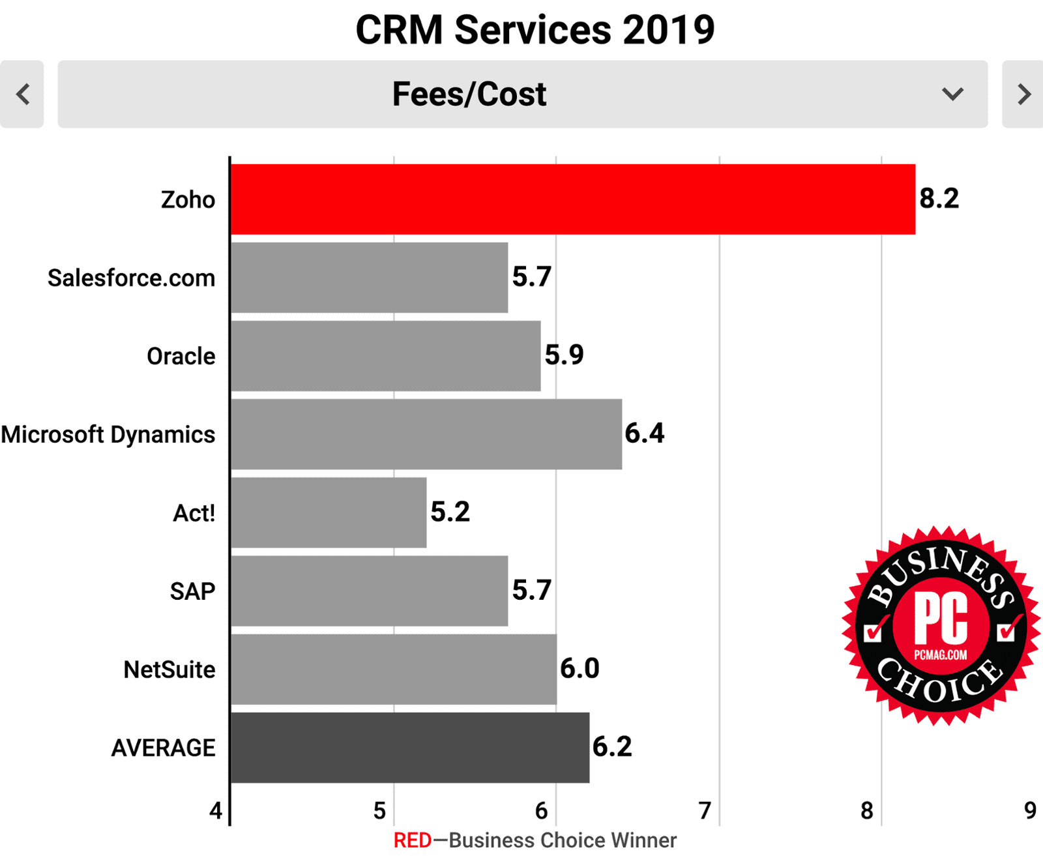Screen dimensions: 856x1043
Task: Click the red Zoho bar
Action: coord(572,199)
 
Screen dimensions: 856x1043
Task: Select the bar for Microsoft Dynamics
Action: coord(426,434)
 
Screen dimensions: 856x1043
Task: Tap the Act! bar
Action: coord(329,512)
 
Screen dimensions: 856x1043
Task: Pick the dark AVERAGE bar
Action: coord(410,747)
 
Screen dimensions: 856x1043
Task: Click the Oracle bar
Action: coord(385,356)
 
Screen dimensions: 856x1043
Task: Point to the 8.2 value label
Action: coord(939,198)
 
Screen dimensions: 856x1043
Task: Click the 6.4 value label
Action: coord(644,433)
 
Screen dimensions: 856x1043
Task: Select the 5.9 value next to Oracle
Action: coord(564,355)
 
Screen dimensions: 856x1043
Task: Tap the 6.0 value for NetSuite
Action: coord(580,668)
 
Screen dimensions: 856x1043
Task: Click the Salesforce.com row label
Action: coord(131,278)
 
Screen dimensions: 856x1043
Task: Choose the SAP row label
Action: coord(192,591)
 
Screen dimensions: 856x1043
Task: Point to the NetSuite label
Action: coord(169,670)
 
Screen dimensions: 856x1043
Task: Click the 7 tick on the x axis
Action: coord(705,810)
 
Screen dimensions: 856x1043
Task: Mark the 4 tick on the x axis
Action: coord(216,810)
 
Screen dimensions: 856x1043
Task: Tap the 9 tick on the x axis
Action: coord(1030,810)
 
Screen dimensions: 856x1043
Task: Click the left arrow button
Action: coord(22,94)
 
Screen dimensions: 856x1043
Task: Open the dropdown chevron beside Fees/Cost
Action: coord(952,94)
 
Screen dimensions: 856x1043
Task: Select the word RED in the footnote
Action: coord(412,840)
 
